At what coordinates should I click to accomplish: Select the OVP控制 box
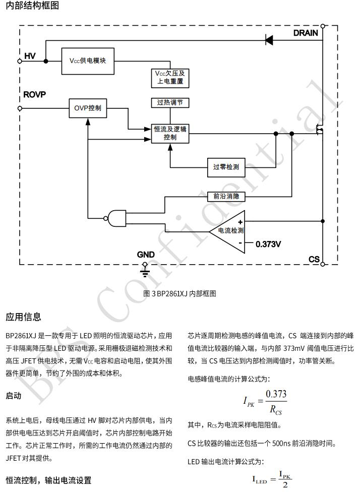tap(88, 108)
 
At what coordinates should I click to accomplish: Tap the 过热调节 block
tap(170, 102)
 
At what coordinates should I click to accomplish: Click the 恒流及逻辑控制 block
tap(170, 133)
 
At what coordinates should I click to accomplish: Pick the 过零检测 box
tap(225, 167)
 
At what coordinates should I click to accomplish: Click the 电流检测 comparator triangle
tap(229, 230)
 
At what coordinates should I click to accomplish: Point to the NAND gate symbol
tap(117, 218)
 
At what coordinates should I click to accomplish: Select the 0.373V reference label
tap(268, 244)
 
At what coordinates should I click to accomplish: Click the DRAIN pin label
tap(306, 33)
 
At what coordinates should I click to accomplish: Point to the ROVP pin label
tap(35, 94)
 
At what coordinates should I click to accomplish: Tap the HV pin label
tap(30, 56)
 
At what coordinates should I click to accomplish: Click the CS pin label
tap(314, 259)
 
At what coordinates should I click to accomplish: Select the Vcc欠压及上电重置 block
tap(170, 77)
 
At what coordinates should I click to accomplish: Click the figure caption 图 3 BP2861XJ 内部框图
tap(180, 293)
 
